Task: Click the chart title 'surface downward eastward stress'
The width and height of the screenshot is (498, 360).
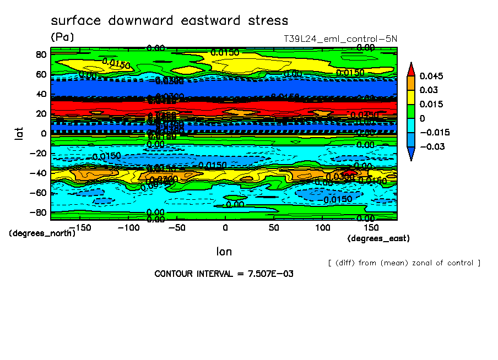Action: point(169,21)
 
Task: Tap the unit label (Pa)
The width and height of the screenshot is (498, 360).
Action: point(62,37)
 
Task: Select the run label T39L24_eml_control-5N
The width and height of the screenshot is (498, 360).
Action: point(339,39)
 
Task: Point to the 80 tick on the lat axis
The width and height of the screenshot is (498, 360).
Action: point(40,54)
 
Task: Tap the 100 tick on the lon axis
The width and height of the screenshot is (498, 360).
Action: point(323,228)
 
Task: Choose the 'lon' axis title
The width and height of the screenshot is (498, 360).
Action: point(224,252)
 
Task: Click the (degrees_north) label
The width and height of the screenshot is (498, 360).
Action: point(42,233)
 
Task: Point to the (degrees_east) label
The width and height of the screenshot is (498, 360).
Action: point(378,238)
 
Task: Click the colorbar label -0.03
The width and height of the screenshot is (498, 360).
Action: point(433,146)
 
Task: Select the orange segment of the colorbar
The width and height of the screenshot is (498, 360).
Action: point(411,83)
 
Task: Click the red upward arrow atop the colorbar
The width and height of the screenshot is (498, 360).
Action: point(411,69)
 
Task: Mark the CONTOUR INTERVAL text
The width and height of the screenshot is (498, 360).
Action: point(213,274)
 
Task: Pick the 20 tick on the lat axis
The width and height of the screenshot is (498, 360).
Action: point(40,113)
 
